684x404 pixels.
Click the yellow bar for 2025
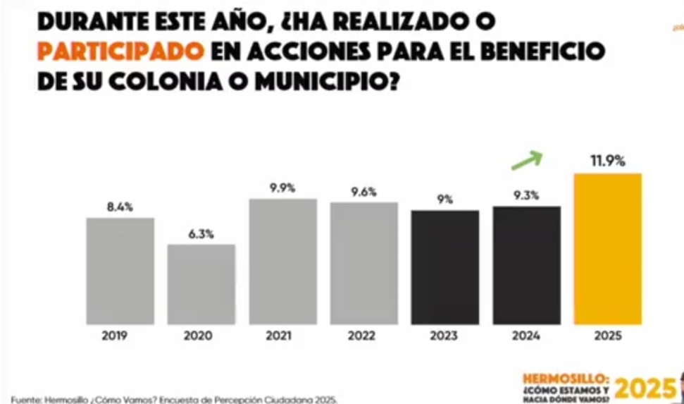608,249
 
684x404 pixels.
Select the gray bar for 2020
201,285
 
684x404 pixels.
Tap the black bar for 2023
445,268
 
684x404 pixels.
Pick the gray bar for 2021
282,262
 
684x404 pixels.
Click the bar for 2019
120,271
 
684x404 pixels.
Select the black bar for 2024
526,266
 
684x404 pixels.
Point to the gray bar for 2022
363,264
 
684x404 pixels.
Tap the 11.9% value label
607,161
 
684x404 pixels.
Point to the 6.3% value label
201,233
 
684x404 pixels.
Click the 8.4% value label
120,207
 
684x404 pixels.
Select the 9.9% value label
282,188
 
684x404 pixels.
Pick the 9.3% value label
526,195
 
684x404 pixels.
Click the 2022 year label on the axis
363,336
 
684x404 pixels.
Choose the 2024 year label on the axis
526,336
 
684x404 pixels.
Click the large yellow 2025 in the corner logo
646,388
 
